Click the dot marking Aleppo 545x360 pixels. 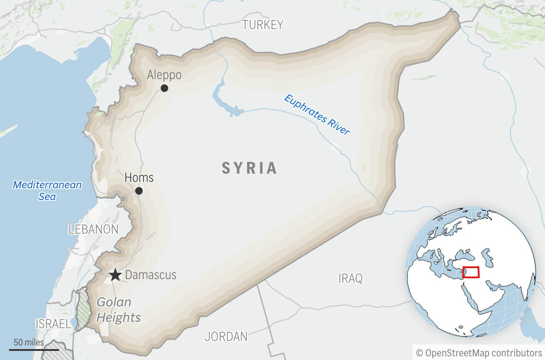(x=164, y=88)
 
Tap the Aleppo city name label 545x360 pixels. (x=164, y=75)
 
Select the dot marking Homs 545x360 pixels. (x=139, y=191)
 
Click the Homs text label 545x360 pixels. (x=139, y=177)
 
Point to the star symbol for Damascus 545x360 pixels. (x=115, y=275)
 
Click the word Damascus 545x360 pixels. (x=150, y=275)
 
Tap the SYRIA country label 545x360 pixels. (x=249, y=168)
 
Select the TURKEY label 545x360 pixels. (x=263, y=25)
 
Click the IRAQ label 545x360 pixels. (x=351, y=278)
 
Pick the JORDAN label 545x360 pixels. (x=226, y=337)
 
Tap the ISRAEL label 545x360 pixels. (x=53, y=324)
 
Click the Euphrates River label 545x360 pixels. (x=317, y=114)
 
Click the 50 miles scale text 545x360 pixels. (x=29, y=342)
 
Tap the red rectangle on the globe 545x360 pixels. (x=471, y=272)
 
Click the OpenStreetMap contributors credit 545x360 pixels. (x=479, y=353)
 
